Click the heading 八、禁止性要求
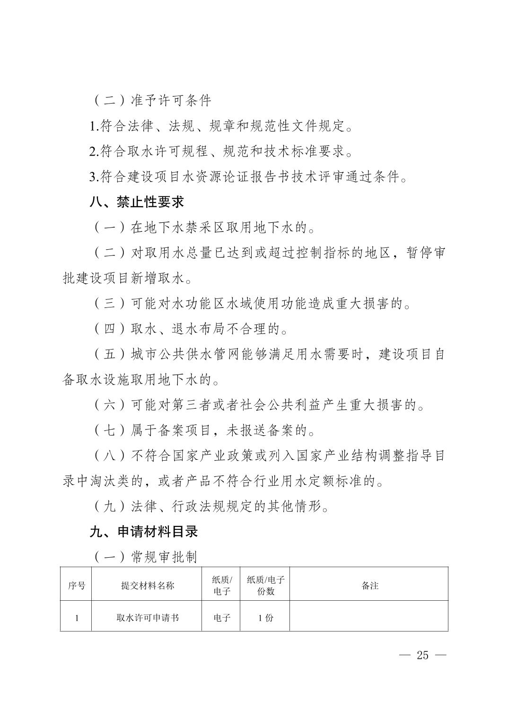click(137, 202)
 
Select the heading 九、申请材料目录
click(143, 532)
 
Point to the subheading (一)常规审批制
click(144, 557)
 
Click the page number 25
click(422, 655)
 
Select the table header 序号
click(76, 586)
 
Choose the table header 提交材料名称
click(147, 586)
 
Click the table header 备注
click(369, 586)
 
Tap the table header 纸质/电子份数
click(265, 586)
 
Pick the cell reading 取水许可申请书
click(147, 617)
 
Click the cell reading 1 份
click(265, 617)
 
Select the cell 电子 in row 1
click(221, 617)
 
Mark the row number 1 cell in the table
click(76, 617)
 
